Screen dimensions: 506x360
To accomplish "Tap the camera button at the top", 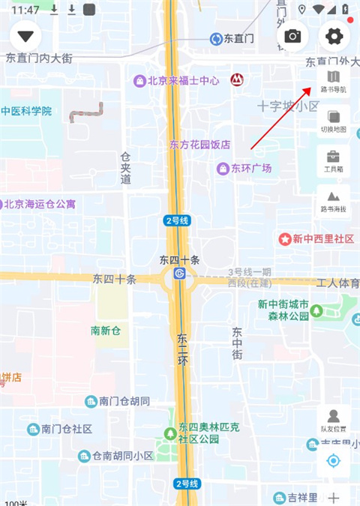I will [293, 36].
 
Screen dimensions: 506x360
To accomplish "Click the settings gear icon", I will [334, 36].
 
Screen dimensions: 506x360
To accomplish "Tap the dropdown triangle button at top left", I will [28, 36].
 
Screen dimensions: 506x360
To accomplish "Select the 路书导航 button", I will [334, 81].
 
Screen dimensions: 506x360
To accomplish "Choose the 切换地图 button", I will [334, 121].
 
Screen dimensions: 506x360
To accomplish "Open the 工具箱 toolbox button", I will [334, 160].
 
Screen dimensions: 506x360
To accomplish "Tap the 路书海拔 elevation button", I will [334, 200].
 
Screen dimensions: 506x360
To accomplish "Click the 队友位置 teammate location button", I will [334, 420].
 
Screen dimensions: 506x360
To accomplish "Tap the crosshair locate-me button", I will [334, 460].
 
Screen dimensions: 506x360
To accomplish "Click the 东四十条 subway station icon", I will [179, 274].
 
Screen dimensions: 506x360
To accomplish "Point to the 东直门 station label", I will [238, 38].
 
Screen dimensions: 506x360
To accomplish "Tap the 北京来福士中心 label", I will [182, 80].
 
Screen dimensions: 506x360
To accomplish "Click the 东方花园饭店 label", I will [199, 145].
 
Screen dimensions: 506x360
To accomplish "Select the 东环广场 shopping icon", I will [223, 169].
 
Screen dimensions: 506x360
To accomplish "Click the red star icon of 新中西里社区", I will [285, 239].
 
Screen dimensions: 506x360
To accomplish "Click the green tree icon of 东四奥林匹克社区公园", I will [171, 433].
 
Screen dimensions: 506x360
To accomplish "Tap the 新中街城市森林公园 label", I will [283, 310].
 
